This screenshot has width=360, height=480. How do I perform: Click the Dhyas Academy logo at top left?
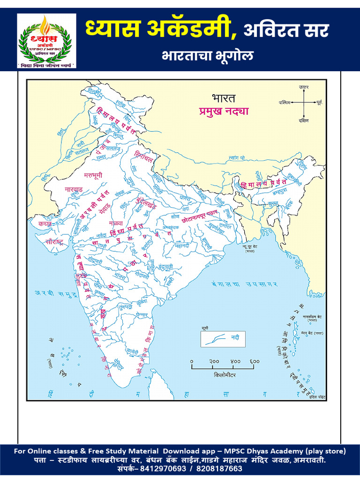(47, 41)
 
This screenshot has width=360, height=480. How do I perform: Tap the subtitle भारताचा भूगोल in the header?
(208, 56)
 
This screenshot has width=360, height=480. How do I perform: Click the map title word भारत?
(224, 98)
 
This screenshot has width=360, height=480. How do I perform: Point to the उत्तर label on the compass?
(304, 87)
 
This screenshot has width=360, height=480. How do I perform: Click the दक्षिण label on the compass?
(304, 120)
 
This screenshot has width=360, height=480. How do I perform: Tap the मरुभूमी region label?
(93, 175)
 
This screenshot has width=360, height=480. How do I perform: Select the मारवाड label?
(73, 190)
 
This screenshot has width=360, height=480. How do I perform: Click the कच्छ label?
(45, 224)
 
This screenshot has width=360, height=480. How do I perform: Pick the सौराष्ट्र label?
(45, 242)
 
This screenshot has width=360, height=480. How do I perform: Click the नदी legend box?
(223, 337)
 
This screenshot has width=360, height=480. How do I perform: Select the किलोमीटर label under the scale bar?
(225, 375)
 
